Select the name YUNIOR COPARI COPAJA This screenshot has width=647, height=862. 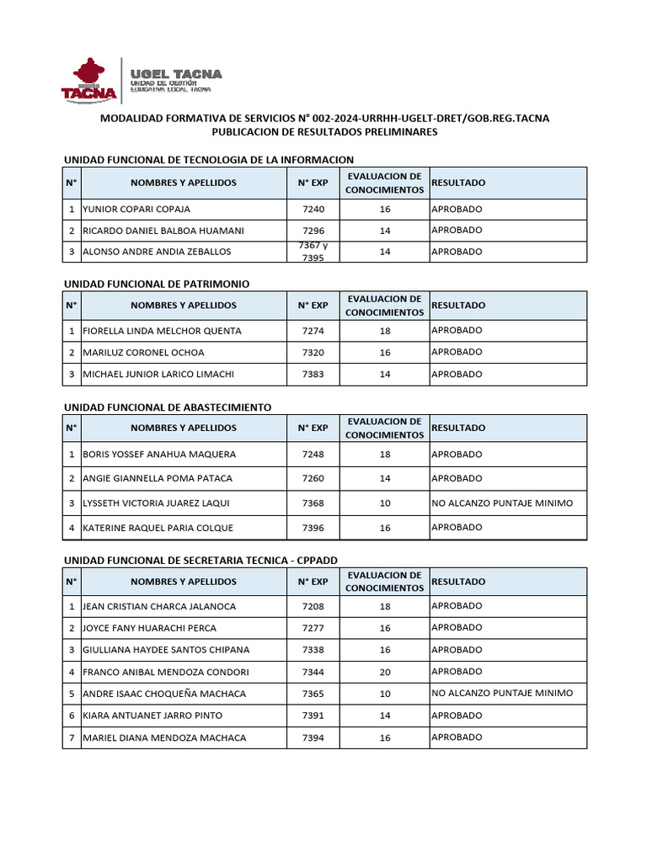(x=136, y=209)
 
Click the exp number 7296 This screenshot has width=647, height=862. (x=313, y=231)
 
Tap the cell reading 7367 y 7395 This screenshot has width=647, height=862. (x=313, y=251)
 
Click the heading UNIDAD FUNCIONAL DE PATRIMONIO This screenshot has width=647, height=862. (x=157, y=284)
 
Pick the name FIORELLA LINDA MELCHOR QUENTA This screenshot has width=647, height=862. (x=162, y=331)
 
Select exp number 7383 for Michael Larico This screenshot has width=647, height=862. (x=313, y=374)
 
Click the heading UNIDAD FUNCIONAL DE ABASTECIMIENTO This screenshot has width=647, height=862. (x=168, y=407)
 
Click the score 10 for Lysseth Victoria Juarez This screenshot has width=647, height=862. (x=385, y=503)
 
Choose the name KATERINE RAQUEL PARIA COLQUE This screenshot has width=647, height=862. (x=158, y=528)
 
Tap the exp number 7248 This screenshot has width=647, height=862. (x=313, y=455)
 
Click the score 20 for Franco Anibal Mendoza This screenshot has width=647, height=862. (x=385, y=672)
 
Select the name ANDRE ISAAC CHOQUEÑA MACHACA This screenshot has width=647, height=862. (x=164, y=694)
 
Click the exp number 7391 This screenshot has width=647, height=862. (x=313, y=716)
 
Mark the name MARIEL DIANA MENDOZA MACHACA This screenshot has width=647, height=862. (x=164, y=737)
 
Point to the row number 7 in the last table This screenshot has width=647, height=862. (x=72, y=737)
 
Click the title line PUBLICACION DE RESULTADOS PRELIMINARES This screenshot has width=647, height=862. (x=324, y=132)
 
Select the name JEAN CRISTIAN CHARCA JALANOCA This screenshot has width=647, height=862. (x=159, y=606)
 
